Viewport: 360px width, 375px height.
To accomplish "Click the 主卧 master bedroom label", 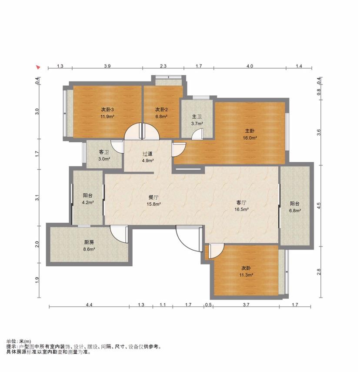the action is pyautogui.click(x=250, y=131).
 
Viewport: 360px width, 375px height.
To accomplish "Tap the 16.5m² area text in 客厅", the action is pyautogui.click(x=242, y=210).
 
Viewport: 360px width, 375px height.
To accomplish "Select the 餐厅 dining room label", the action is pyautogui.click(x=153, y=198).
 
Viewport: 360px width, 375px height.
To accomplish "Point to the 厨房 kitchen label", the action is pyautogui.click(x=89, y=243).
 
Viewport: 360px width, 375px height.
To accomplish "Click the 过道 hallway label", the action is pyautogui.click(x=147, y=154).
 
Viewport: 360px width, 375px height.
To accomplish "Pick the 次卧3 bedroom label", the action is pyautogui.click(x=107, y=110).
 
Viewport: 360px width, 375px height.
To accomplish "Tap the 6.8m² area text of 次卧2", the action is pyautogui.click(x=161, y=117).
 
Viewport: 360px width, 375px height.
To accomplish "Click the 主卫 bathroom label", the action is pyautogui.click(x=197, y=117).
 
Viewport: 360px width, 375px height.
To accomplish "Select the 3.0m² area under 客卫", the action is pyautogui.click(x=104, y=159).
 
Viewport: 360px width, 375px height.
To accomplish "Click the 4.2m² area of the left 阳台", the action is pyautogui.click(x=88, y=203).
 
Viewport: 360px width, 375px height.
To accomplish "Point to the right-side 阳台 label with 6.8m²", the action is pyautogui.click(x=295, y=204).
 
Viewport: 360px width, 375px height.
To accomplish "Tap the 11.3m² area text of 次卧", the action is pyautogui.click(x=246, y=275).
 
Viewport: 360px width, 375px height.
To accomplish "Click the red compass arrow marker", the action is pyautogui.click(x=38, y=67).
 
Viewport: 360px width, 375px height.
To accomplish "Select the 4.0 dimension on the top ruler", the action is pyautogui.click(x=250, y=66).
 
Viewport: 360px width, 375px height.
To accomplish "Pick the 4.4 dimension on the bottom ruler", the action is pyautogui.click(x=89, y=305).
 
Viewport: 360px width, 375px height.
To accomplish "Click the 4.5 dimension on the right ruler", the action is pyautogui.click(x=319, y=206).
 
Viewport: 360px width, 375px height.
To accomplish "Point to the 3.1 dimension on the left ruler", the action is pyautogui.click(x=37, y=198).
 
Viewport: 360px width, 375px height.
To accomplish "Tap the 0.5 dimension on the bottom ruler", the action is pyautogui.click(x=208, y=305).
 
